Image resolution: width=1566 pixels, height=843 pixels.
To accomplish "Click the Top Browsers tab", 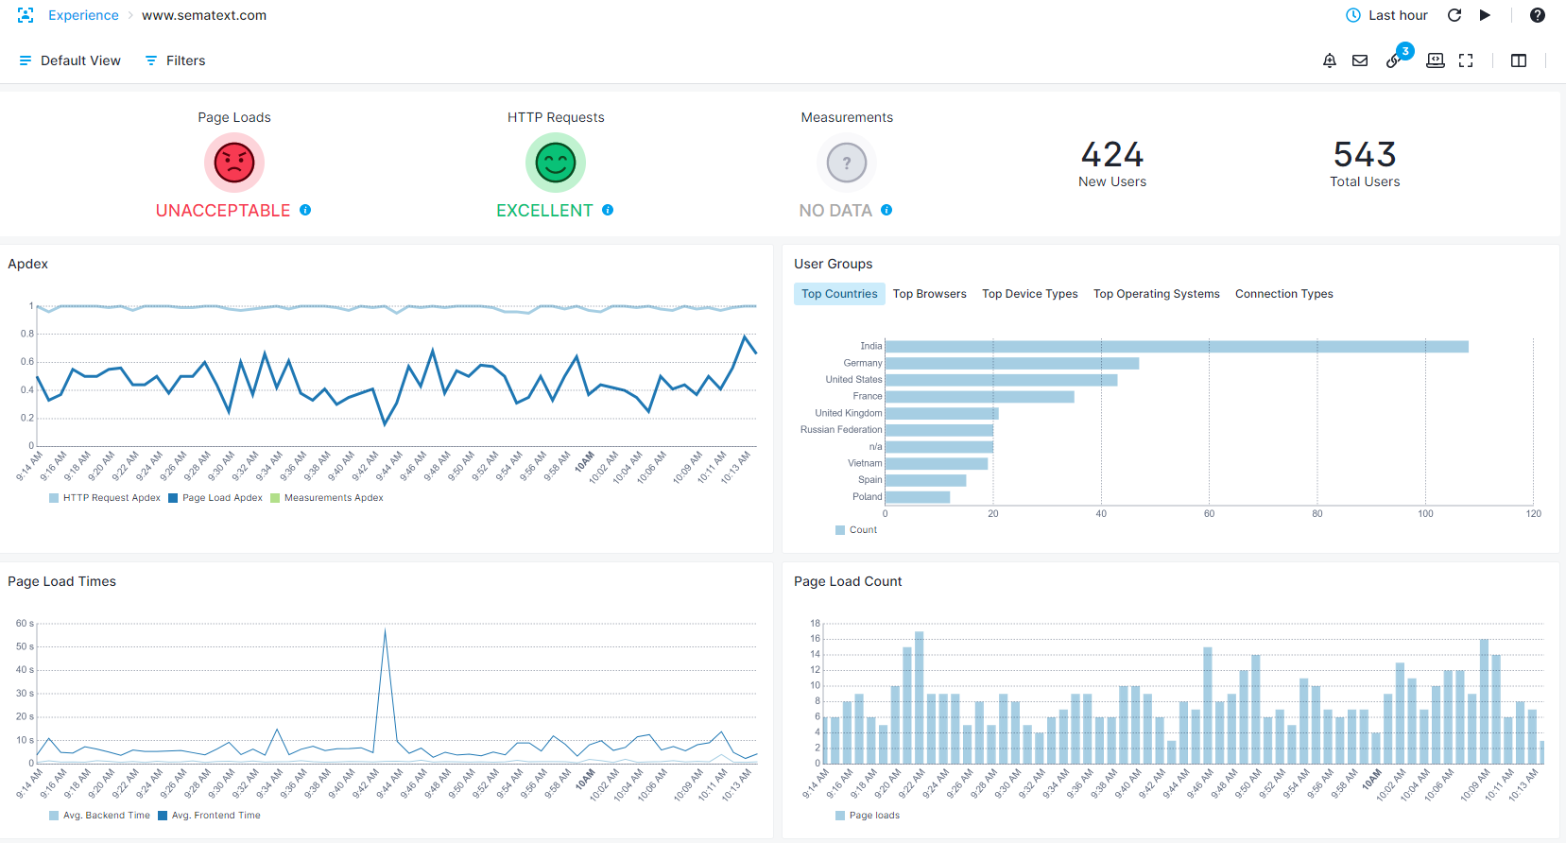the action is [929, 294].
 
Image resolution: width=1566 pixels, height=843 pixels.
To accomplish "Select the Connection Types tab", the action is [1283, 294].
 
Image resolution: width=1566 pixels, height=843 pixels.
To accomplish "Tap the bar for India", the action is [1177, 347].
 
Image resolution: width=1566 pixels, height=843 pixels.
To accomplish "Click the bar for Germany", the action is [1012, 364].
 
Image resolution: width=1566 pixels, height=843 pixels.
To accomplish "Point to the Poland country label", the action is [867, 496].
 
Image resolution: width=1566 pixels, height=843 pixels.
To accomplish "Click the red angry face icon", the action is [234, 163].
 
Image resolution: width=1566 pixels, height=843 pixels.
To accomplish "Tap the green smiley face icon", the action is [556, 163].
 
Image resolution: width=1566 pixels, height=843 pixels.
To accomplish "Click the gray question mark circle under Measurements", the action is [847, 163].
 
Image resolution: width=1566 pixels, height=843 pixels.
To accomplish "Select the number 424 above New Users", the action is [1112, 154].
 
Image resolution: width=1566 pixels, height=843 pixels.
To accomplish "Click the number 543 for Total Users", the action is [1365, 154].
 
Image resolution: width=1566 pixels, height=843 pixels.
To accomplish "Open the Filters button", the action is [175, 60].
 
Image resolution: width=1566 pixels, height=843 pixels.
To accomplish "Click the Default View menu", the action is [70, 60].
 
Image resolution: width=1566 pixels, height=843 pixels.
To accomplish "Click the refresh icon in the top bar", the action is [1454, 15].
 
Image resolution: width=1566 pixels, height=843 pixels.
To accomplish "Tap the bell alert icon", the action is [1329, 60].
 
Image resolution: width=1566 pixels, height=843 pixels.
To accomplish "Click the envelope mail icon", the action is [1360, 60].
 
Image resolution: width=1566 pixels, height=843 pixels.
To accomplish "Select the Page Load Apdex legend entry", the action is [215, 498].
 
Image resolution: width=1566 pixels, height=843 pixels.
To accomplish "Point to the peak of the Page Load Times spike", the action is [386, 629].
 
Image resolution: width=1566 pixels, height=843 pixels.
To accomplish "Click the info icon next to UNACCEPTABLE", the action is [305, 210].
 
